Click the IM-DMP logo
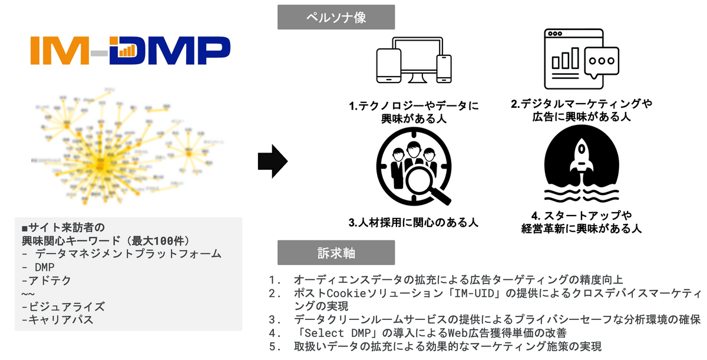pyautogui.click(x=130, y=50)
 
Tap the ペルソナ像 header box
pyautogui.click(x=336, y=18)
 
